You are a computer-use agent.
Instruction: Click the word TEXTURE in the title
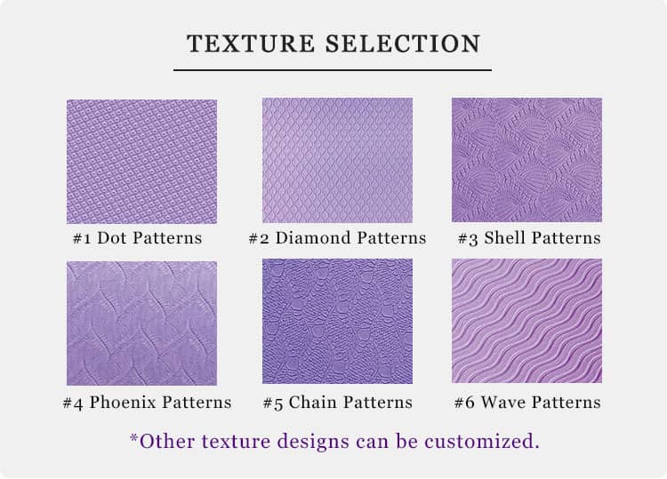tap(251, 44)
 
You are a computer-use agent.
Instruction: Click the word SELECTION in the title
tap(403, 44)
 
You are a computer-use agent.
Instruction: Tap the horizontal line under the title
tap(333, 70)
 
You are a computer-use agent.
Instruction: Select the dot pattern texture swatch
tap(141, 162)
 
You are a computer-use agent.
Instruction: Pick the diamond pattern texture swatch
tap(337, 160)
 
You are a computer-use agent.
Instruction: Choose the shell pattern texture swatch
tap(526, 160)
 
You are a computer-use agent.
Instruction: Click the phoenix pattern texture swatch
tap(141, 323)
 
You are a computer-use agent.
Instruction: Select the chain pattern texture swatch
tap(337, 321)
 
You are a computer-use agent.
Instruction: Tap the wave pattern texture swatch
tap(526, 321)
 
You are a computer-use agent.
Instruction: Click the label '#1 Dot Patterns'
tap(137, 238)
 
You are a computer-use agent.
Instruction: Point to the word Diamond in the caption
tap(313, 238)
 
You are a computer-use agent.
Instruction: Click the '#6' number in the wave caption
tap(464, 403)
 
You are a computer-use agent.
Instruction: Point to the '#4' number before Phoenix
tap(73, 403)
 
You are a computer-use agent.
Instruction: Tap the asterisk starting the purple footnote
tap(134, 437)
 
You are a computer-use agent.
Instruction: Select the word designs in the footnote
tap(313, 442)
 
